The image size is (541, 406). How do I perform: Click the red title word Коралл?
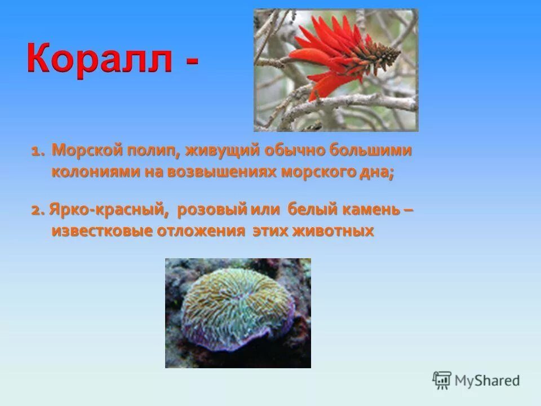point(99,61)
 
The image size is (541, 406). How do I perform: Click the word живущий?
point(212,152)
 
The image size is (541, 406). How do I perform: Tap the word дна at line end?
point(378,173)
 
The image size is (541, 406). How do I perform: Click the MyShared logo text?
point(487,380)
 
